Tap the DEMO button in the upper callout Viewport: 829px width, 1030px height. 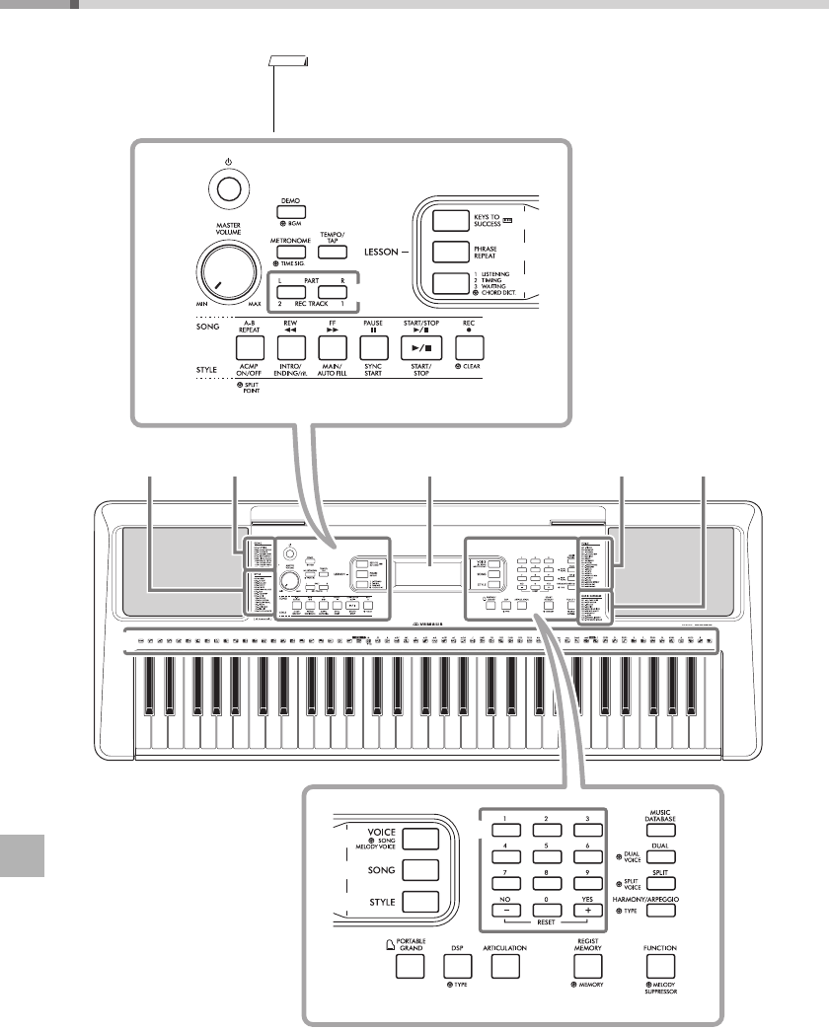pos(290,212)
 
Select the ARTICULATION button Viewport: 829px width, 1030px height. pos(505,964)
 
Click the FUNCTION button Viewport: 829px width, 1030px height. pos(661,964)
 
